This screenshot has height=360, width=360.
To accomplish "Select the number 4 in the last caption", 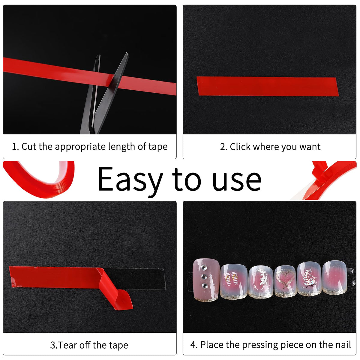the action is pos(193,345).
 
